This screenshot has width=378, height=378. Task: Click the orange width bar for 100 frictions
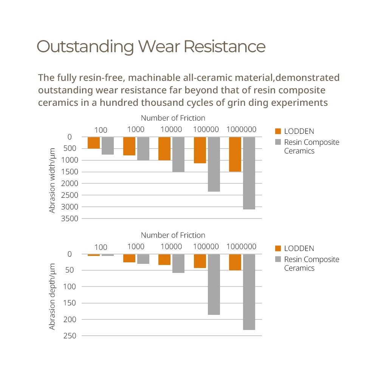point(93,143)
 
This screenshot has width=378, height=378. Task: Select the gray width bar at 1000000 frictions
point(249,173)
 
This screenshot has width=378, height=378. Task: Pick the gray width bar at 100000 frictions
point(214,164)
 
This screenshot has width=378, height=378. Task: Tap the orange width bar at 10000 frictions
point(164,149)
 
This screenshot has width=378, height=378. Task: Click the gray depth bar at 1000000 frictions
point(249,292)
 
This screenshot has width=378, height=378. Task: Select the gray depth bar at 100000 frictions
point(214,285)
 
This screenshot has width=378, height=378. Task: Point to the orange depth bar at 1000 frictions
point(129,258)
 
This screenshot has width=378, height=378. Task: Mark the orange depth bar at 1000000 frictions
point(235,262)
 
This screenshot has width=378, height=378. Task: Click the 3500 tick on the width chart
point(70,218)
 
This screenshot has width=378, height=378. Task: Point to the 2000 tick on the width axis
point(70,183)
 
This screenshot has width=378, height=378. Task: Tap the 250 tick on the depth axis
point(70,336)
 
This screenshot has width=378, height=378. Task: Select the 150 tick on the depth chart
point(70,303)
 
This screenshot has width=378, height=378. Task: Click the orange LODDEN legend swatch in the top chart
point(278,131)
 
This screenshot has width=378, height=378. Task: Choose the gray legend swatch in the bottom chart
point(278,259)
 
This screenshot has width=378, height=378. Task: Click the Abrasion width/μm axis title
point(52,181)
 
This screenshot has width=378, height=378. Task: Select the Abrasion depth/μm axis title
point(52,296)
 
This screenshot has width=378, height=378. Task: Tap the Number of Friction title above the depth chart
point(173,235)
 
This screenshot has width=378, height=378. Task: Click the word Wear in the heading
point(159,46)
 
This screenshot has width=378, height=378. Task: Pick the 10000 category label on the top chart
point(171,129)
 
